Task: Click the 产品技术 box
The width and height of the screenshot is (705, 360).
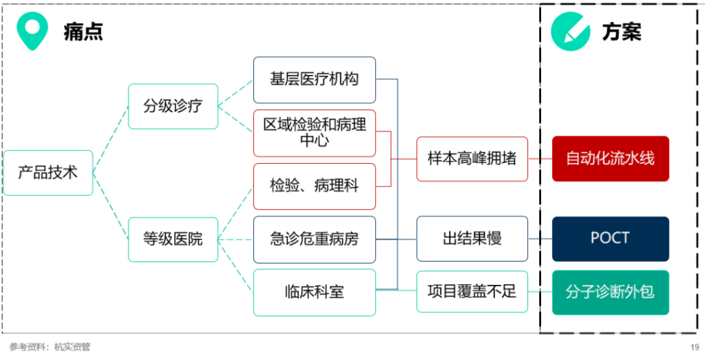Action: (48, 173)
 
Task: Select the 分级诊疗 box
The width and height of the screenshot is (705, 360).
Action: (173, 106)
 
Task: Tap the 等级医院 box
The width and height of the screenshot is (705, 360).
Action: (173, 240)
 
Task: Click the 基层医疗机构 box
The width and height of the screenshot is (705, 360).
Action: (314, 80)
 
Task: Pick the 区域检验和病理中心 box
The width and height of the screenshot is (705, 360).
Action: (314, 133)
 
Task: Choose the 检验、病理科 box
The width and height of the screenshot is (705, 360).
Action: (314, 186)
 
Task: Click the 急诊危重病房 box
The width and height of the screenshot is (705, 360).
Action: (314, 240)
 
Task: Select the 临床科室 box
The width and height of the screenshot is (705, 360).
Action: (314, 293)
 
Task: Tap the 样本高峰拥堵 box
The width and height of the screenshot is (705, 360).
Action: (472, 159)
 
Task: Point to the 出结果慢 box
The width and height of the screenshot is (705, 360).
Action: (472, 239)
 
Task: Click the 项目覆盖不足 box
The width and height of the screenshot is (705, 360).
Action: (472, 292)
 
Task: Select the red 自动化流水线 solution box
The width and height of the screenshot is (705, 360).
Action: (610, 159)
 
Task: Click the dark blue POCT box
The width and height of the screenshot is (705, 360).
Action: (610, 239)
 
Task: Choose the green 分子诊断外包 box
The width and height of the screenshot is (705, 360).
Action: (610, 293)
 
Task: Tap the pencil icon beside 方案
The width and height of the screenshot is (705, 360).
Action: (571, 32)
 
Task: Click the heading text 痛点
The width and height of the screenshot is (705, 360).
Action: (83, 32)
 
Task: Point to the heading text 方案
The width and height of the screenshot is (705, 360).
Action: (622, 32)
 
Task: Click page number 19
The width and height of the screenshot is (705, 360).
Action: (695, 347)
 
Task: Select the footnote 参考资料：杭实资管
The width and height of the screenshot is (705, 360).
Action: (50, 347)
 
